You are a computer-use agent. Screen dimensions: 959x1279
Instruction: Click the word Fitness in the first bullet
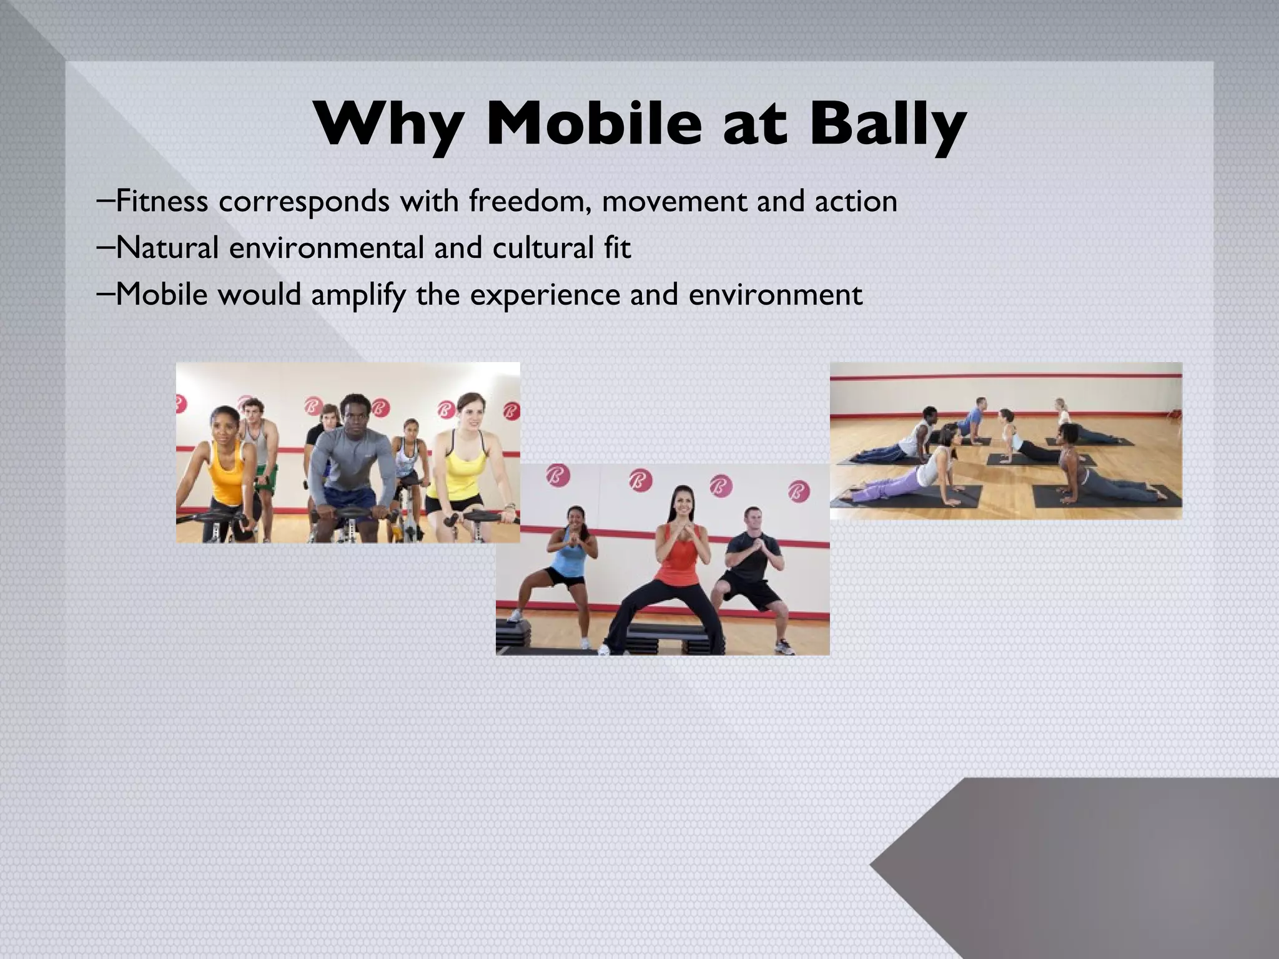click(x=162, y=201)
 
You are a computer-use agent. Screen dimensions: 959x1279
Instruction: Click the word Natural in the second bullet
click(x=167, y=247)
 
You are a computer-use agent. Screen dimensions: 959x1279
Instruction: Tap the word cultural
click(x=543, y=247)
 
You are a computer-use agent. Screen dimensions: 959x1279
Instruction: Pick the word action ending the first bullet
click(x=855, y=201)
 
